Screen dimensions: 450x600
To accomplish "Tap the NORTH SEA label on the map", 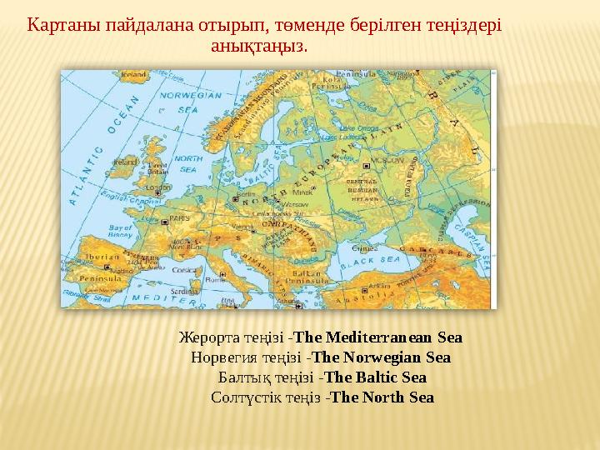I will click(x=188, y=162).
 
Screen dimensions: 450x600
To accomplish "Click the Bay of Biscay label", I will click(x=122, y=231).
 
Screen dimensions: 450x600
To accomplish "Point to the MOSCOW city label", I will click(x=363, y=159).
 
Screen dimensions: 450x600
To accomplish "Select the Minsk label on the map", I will click(x=316, y=191).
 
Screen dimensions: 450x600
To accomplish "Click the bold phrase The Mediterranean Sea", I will click(x=378, y=338).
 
